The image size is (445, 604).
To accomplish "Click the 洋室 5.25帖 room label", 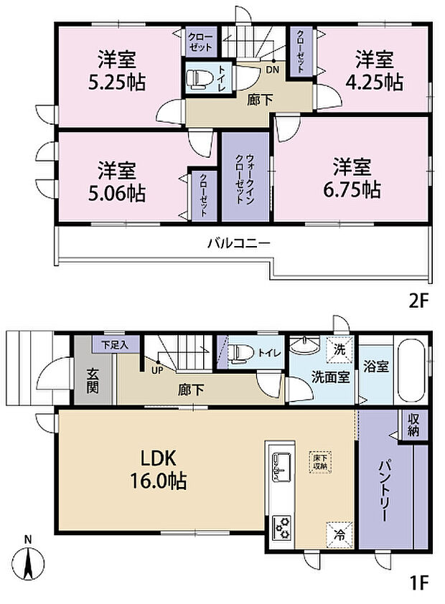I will tap(118, 70).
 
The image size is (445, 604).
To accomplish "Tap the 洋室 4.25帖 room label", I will tap(374, 70).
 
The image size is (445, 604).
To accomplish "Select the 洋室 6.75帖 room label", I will tap(352, 179).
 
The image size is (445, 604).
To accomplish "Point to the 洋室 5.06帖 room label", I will tap(118, 181).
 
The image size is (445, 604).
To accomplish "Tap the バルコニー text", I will tap(239, 243).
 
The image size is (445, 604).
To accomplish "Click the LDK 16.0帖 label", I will tap(159, 468).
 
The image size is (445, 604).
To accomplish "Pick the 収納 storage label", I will tap(415, 424).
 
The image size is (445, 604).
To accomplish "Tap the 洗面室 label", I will tap(330, 377).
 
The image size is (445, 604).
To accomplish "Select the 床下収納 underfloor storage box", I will tap(319, 461).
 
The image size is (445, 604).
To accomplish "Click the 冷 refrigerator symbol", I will tap(339, 534).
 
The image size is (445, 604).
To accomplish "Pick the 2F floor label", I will tap(418, 301).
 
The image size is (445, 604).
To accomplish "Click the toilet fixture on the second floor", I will tap(196, 79).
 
